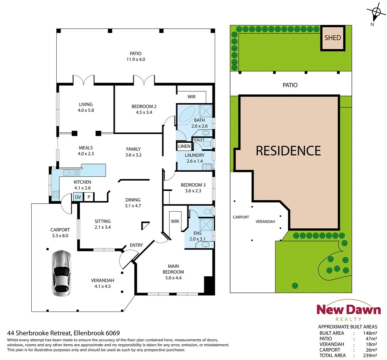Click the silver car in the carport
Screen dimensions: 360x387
pos(62,273)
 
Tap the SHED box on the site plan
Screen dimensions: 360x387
pos(333,38)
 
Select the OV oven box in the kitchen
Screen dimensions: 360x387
pos(78,197)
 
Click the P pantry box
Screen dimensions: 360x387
pos(89,197)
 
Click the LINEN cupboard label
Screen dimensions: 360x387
pos(184,146)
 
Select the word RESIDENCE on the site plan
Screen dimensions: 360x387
pos(288,151)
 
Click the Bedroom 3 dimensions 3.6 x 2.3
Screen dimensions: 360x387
pos(193,191)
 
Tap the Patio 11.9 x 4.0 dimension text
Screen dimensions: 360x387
pos(136,59)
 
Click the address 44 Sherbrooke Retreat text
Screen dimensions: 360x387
pos(63,333)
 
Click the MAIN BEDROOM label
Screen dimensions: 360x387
pos(173,269)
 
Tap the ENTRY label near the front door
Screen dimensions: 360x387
pos(136,245)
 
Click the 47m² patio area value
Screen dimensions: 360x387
pos(371,339)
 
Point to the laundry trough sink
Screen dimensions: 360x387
pos(208,167)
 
